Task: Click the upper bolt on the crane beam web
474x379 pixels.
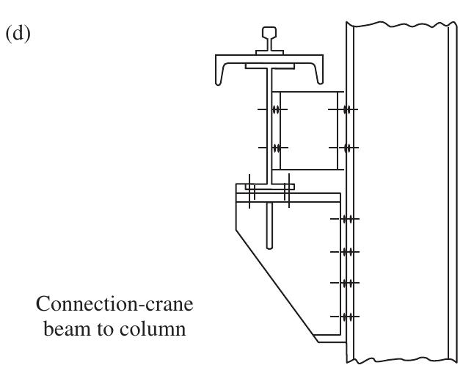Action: coord(276,110)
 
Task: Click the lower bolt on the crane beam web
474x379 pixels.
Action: coord(276,148)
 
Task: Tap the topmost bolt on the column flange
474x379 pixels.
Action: coord(348,110)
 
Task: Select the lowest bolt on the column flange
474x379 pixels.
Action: coord(348,317)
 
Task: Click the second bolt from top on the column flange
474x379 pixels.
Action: coord(348,148)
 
